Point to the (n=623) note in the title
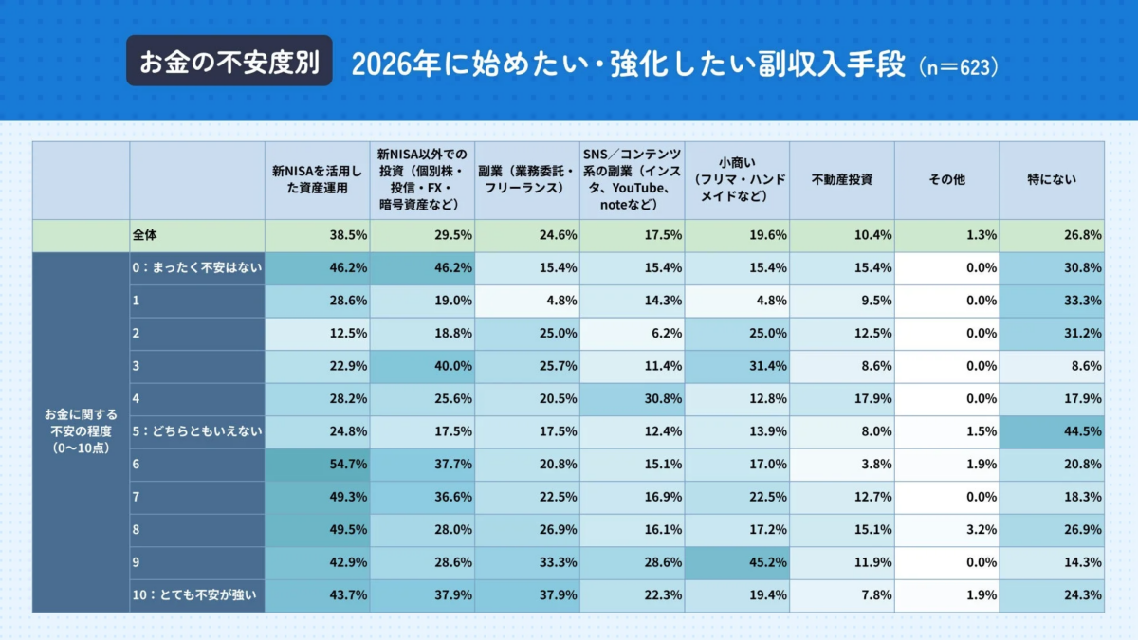click(959, 67)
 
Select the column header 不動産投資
click(841, 179)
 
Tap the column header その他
click(946, 179)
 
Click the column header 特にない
click(1052, 179)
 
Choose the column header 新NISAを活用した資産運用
click(317, 179)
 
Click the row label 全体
click(197, 235)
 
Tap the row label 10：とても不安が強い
click(197, 595)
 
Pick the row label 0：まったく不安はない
click(197, 268)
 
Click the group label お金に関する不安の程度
click(82, 431)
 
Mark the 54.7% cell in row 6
click(317, 465)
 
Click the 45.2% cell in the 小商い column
click(736, 563)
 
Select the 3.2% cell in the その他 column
click(946, 530)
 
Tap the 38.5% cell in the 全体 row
click(317, 235)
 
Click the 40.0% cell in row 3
click(421, 367)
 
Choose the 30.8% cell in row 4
click(631, 399)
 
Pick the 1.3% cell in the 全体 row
click(946, 235)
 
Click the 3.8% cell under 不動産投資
click(841, 465)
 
